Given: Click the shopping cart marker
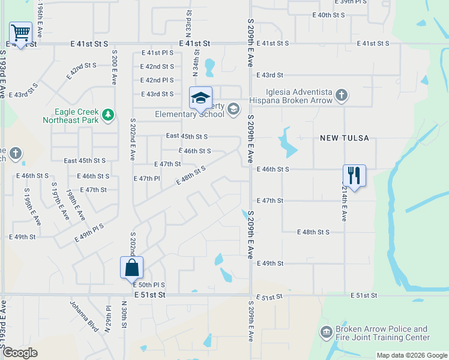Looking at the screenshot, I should tap(20, 33).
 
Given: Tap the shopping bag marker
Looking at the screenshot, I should tap(131, 268).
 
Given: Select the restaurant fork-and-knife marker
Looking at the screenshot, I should tap(354, 175).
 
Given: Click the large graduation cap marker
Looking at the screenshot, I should tap(200, 98).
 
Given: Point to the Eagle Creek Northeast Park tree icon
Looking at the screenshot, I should tap(107, 115).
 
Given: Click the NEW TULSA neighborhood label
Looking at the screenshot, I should tap(344, 138).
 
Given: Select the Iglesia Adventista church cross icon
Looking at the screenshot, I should tap(341, 95).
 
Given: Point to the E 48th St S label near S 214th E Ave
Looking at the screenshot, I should tap(314, 232).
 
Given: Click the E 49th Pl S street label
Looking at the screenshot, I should tap(89, 233).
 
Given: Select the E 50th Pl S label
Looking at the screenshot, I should tap(149, 285).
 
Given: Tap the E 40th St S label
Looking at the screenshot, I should tap(329, 14).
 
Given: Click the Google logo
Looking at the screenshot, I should tap(20, 353).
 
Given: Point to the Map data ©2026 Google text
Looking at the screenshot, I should tap(411, 355).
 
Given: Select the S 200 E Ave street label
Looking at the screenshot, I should tap(113, 67).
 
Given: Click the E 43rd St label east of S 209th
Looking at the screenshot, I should tap(269, 75).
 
